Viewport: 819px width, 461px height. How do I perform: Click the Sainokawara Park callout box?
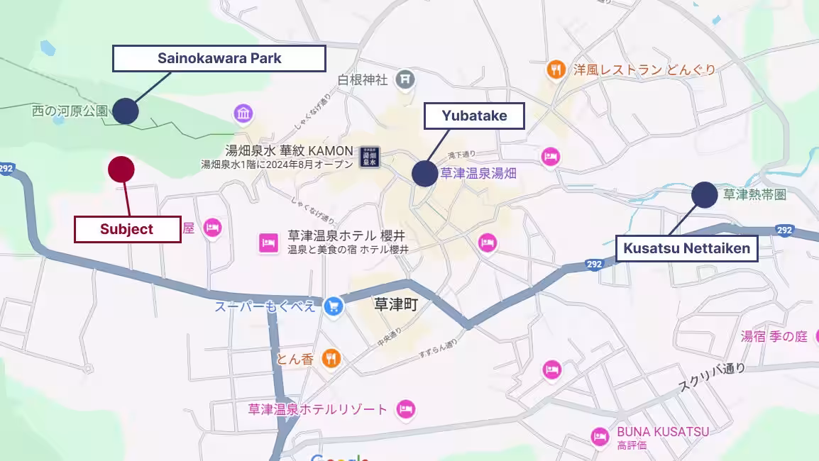219,58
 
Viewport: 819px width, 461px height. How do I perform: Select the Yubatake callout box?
474,116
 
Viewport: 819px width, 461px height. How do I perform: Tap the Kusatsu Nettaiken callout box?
686,249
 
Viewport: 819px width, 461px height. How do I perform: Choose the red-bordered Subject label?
127,229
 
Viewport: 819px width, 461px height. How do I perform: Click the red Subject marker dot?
121,169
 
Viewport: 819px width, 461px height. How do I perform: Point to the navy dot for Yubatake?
424,173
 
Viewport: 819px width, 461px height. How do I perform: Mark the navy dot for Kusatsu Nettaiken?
704,194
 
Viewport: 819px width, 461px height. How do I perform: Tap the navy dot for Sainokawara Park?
126,111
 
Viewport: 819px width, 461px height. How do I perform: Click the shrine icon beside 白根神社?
405,79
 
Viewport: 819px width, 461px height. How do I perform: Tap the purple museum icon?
243,113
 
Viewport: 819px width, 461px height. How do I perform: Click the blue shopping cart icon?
333,306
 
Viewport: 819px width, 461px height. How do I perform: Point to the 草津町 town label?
396,305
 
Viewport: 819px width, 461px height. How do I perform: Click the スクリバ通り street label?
711,378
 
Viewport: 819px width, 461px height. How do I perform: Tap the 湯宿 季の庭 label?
774,336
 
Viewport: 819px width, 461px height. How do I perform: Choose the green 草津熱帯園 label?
754,194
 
